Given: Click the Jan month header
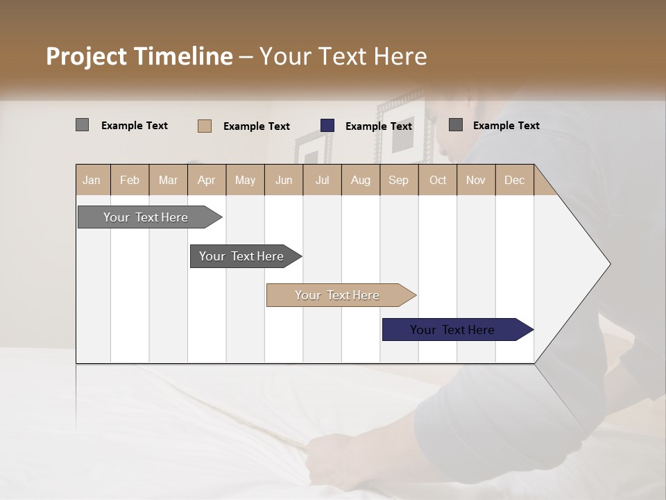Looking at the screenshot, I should [92, 180].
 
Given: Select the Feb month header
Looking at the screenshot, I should [130, 180].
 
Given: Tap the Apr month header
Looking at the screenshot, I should [207, 180].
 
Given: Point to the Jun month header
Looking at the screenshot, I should [284, 180].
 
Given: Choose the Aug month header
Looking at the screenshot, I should [361, 180].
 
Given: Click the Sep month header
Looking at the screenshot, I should [399, 180].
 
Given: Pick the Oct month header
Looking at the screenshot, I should [438, 180].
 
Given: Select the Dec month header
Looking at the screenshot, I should [515, 180].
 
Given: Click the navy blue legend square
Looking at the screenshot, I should [327, 126].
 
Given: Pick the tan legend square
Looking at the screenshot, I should [205, 126].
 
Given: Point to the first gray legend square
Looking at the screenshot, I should [82, 125].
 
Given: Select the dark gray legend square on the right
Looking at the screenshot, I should [456, 125].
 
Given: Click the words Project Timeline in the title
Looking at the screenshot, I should [139, 56].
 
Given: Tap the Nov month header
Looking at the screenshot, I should [476, 180].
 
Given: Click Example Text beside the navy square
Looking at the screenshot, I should [379, 126].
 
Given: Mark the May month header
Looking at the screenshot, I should [245, 180].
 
